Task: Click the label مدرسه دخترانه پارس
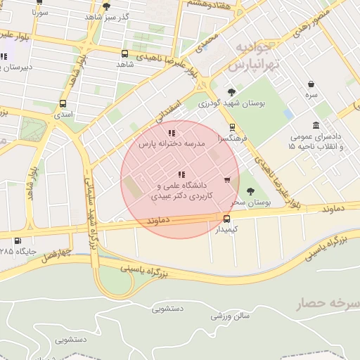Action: [x=171, y=143]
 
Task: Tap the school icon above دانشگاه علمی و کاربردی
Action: [x=181, y=174]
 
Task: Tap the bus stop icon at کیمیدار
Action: [x=226, y=218]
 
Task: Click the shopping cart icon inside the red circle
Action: [x=226, y=180]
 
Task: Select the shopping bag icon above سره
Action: [x=310, y=84]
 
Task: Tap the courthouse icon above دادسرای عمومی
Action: [x=316, y=124]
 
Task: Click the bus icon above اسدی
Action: [x=63, y=103]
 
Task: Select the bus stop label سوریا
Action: [x=40, y=13]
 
